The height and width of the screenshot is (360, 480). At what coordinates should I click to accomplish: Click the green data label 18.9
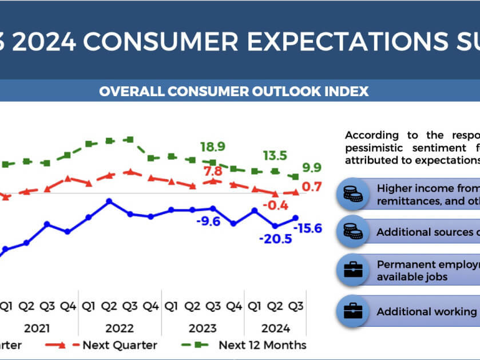[212, 147]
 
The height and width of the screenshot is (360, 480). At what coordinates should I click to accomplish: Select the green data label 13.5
[275, 156]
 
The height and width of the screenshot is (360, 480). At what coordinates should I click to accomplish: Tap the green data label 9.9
[312, 167]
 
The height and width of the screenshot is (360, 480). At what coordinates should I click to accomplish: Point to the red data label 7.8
[212, 171]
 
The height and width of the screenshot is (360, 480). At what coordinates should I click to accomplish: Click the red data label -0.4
[275, 205]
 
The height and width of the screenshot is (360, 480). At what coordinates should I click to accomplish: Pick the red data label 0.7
[312, 187]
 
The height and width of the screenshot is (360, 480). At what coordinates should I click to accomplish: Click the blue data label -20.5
[275, 239]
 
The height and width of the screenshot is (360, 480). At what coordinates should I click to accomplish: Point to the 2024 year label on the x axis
[276, 329]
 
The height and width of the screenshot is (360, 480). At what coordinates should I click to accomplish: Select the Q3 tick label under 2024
[296, 307]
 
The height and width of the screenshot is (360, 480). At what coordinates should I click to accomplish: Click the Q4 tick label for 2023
[233, 307]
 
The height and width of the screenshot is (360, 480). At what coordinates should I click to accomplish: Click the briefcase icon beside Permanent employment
[352, 271]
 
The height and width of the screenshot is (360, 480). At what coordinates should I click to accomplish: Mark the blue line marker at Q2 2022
[109, 201]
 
